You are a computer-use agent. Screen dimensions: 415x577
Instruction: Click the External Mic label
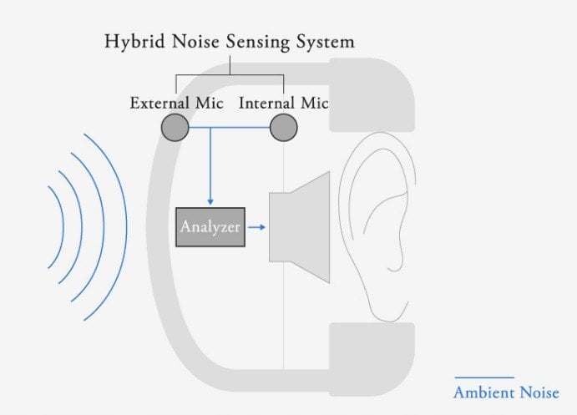click(175, 104)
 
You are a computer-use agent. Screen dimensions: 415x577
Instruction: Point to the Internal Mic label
click(284, 104)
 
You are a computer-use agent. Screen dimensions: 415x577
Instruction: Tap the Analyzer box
click(210, 227)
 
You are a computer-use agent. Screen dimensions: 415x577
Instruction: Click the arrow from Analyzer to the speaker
click(256, 226)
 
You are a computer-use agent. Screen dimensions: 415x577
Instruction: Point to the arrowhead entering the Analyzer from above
click(210, 202)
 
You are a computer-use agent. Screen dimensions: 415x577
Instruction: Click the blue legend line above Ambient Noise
click(483, 377)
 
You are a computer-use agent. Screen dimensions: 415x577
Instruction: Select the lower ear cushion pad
click(372, 355)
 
